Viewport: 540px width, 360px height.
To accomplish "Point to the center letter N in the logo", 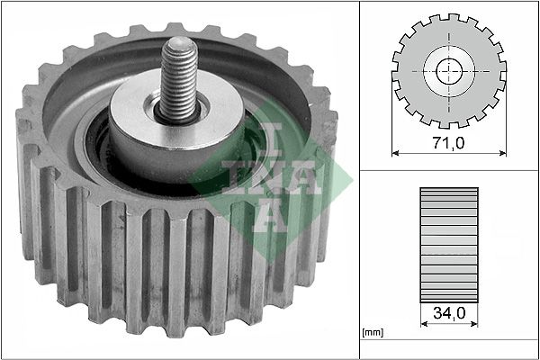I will click(x=255, y=175).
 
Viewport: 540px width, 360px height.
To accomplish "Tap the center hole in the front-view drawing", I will click(x=448, y=71).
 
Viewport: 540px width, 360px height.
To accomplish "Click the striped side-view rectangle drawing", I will click(x=448, y=242).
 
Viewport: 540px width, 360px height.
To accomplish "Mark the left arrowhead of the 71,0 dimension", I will click(x=396, y=153).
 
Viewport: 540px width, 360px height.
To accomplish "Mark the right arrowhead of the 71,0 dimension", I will click(x=501, y=153).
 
